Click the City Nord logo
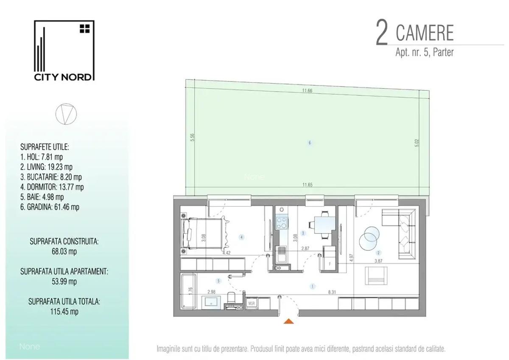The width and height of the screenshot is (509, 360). (64, 50)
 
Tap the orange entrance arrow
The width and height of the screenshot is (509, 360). (288, 321)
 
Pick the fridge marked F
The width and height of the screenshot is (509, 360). (330, 259)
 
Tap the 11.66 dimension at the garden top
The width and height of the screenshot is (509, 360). (307, 91)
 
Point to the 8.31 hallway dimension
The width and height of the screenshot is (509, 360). (332, 292)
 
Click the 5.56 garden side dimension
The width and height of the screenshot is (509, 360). (192, 137)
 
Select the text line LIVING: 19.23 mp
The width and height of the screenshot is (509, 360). (46, 167)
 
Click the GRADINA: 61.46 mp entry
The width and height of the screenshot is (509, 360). (50, 207)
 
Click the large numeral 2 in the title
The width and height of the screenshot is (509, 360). (382, 34)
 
